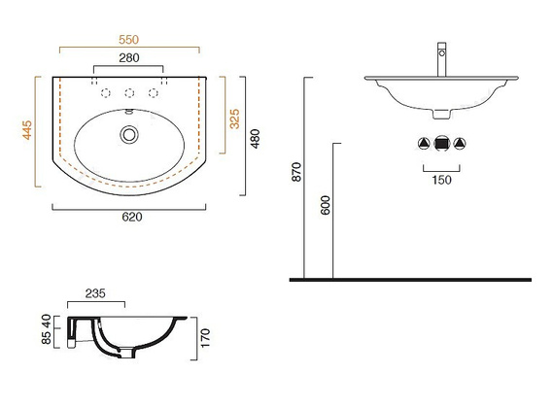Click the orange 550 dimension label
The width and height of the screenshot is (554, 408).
(128, 40)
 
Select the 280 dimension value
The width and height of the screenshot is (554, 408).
(129, 57)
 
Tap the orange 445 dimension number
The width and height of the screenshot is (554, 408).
(27, 130)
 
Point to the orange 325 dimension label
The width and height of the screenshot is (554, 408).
(234, 119)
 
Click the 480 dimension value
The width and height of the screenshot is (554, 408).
(255, 139)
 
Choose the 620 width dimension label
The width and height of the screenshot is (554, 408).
(132, 217)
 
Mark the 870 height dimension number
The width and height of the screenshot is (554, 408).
(296, 172)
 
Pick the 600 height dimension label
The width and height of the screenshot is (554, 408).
(325, 205)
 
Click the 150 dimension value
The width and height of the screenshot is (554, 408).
(441, 180)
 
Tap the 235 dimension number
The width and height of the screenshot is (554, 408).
(95, 293)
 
